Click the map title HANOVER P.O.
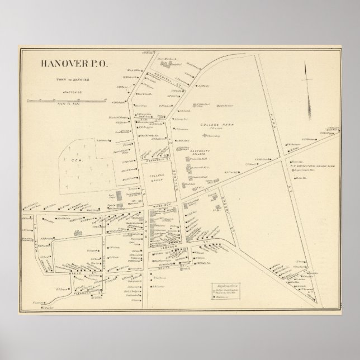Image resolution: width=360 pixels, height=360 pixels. click(75, 62)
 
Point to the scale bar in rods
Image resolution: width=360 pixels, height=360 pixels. click(67, 100)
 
